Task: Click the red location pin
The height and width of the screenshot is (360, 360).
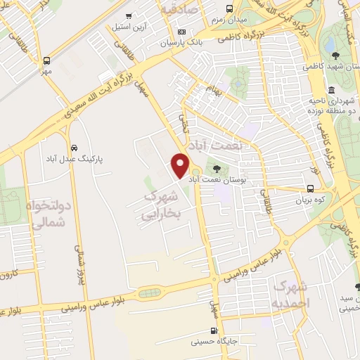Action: click(180, 164)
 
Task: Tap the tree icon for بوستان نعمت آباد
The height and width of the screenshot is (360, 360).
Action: click(216, 169)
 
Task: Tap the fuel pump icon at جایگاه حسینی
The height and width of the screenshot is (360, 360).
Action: click(214, 331)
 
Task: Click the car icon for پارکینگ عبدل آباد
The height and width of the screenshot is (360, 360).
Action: click(74, 148)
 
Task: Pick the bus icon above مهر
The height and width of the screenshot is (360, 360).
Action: click(47, 60)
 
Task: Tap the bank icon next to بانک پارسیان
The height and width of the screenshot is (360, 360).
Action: click(181, 32)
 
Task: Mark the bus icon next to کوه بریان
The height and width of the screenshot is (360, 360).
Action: click(311, 188)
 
